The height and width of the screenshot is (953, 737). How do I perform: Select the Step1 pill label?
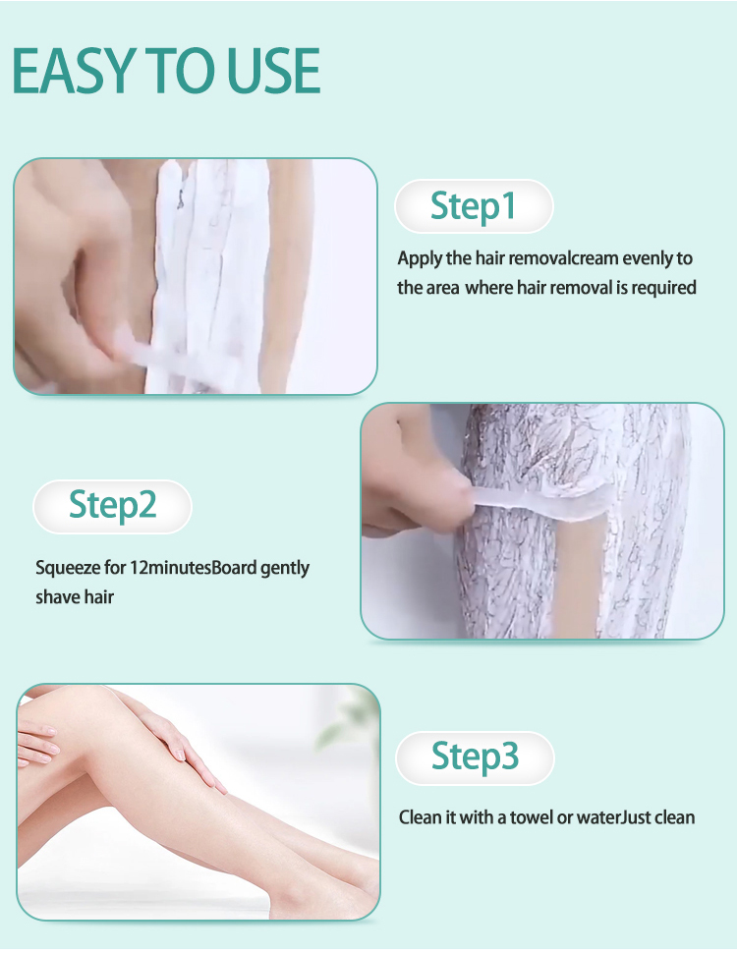(474, 206)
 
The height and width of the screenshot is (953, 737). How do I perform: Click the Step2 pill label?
(112, 506)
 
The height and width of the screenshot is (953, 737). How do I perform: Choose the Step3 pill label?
(475, 757)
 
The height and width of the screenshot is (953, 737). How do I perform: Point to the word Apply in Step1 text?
(421, 259)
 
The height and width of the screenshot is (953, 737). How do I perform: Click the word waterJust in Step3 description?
(613, 817)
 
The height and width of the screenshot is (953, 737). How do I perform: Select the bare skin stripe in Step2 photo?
(581, 572)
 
